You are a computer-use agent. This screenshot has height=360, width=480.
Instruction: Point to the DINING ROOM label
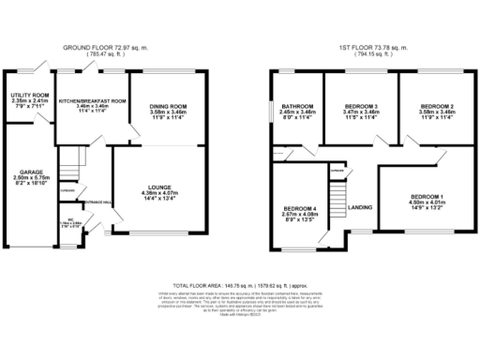click(x=169, y=107)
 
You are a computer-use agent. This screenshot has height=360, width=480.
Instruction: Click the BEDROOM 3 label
click(x=361, y=106)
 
